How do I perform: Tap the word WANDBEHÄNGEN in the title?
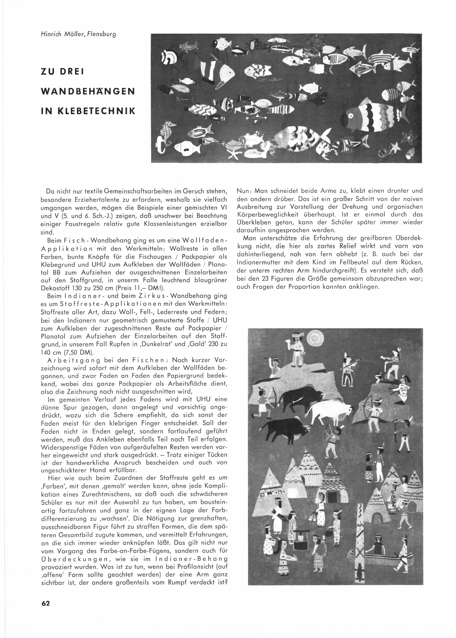click(88, 91)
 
